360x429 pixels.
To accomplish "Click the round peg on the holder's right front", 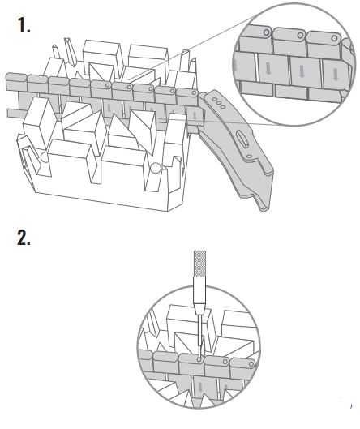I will click(x=155, y=169).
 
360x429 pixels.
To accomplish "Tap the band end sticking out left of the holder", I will click(x=13, y=112).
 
